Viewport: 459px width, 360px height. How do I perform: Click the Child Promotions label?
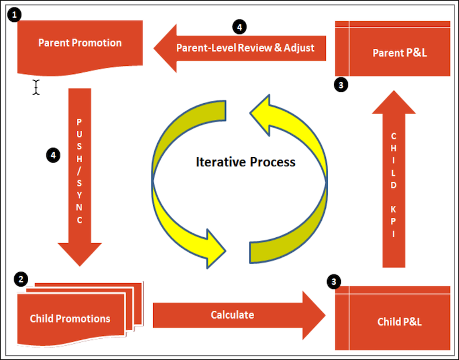pyautogui.click(x=70, y=318)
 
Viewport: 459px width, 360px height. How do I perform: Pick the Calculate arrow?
pyautogui.click(x=232, y=315)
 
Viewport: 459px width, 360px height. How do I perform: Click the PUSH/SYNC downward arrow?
pyautogui.click(x=80, y=172)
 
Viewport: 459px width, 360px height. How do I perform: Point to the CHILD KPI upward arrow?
pyautogui.click(x=394, y=183)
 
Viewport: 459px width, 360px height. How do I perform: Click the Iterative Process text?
pyautogui.click(x=246, y=162)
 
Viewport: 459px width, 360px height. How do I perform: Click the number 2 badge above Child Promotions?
pyautogui.click(x=21, y=279)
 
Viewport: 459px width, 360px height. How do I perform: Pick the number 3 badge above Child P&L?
pyautogui.click(x=333, y=281)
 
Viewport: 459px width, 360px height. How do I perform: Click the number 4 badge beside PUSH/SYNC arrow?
pyautogui.click(x=52, y=155)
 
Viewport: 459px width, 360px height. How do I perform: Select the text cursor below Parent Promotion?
pyautogui.click(x=36, y=87)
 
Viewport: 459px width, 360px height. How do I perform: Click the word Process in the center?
pyautogui.click(x=273, y=162)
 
